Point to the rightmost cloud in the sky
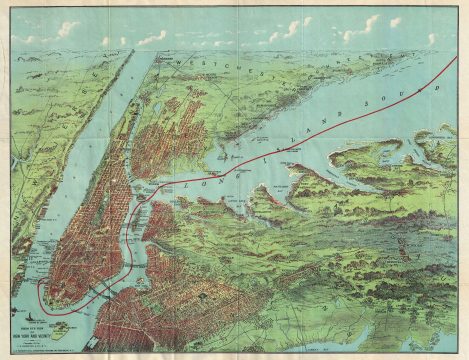click(431, 38)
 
